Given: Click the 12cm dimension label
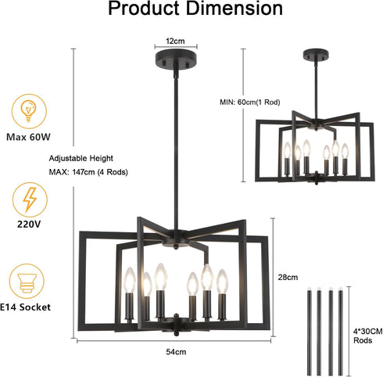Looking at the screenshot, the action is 175,41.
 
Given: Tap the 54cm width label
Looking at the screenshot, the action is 176,352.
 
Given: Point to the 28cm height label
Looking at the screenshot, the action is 288,277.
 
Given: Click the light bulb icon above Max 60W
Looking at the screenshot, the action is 29,112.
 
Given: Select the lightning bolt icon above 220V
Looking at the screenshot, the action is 30,200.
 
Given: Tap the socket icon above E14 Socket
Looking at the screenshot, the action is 27,282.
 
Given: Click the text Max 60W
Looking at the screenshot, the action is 28,137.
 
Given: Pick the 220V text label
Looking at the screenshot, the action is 29,224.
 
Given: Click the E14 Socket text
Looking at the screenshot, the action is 25,307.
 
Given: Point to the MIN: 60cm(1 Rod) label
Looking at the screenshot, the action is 250,102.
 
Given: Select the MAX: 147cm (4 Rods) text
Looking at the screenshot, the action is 88,172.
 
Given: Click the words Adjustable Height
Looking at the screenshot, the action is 81,158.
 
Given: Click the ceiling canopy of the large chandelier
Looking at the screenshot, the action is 176,60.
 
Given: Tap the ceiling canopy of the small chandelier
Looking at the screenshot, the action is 316,56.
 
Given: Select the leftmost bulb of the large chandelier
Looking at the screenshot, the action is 130,280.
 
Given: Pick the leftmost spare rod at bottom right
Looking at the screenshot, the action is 310,331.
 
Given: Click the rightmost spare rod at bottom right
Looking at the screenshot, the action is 341,331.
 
